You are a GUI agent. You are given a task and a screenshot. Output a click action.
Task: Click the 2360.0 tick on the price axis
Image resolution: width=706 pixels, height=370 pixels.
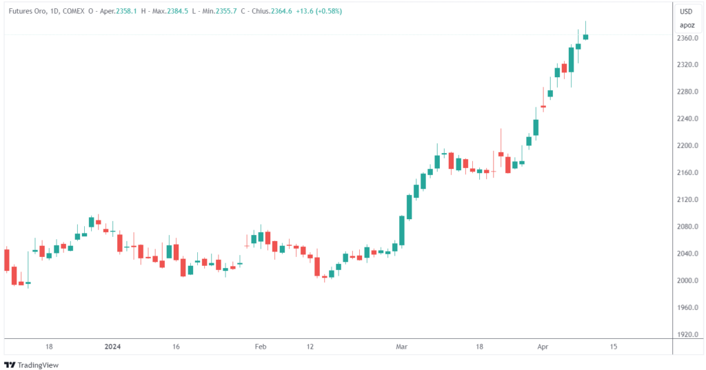pyautogui.click(x=688, y=38)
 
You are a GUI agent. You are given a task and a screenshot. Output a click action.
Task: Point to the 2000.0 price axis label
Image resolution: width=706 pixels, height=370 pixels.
pyautogui.click(x=688, y=280)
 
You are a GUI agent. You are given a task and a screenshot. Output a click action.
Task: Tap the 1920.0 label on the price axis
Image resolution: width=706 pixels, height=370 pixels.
pyautogui.click(x=688, y=334)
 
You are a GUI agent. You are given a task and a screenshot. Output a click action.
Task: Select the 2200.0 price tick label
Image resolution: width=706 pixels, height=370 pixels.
pyautogui.click(x=688, y=146)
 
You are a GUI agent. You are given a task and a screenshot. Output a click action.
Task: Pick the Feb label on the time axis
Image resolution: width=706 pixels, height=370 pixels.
pyautogui.click(x=260, y=347)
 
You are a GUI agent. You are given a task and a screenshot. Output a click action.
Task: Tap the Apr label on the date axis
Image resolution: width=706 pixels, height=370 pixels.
pyautogui.click(x=543, y=347)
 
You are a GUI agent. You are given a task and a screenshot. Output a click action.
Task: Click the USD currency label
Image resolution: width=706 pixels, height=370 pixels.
pyautogui.click(x=686, y=11)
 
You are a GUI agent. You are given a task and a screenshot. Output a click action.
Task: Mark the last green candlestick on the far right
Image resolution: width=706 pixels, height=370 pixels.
pyautogui.click(x=585, y=37)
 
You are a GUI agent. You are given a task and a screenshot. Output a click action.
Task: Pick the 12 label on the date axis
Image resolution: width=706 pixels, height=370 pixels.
pyautogui.click(x=310, y=347)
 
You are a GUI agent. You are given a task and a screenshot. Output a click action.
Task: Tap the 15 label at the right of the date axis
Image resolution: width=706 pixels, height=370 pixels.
pyautogui.click(x=614, y=347)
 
